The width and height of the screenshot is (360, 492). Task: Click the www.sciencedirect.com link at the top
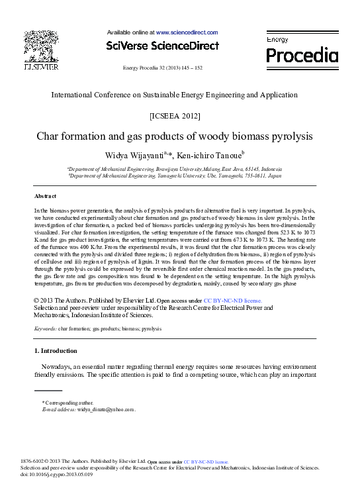pyautogui.click(x=187, y=32)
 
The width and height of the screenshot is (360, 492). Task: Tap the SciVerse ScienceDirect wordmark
pyautogui.click(x=162, y=46)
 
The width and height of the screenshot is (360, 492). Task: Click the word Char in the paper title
pyautogui.click(x=48, y=137)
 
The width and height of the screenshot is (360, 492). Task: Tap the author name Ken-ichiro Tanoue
pyautogui.click(x=208, y=156)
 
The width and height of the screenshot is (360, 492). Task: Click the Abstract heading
pyautogui.click(x=46, y=196)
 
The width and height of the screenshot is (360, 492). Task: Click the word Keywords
pyautogui.click(x=45, y=328)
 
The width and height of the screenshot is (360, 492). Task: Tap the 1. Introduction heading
pyautogui.click(x=56, y=350)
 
